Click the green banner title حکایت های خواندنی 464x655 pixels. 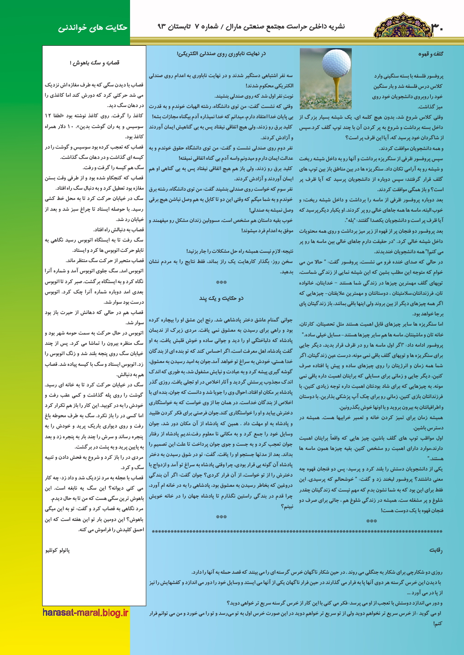point(93,28)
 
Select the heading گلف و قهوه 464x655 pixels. point(430,54)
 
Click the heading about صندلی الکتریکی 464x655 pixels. point(221,54)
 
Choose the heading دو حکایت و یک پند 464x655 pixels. point(221,298)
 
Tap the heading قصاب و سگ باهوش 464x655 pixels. point(94,63)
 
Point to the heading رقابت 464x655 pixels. point(435,550)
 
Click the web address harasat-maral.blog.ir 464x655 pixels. point(85,612)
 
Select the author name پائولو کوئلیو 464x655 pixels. point(58,550)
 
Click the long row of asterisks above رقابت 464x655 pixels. point(297,532)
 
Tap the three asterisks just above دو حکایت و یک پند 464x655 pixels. point(221,283)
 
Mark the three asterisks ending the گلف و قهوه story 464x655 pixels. point(371,521)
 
